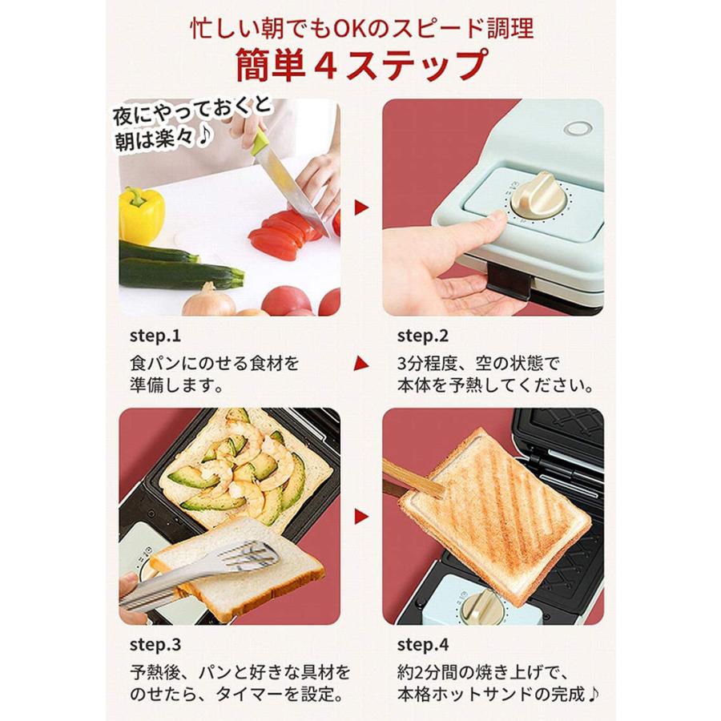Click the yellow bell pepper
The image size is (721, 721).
[142, 214]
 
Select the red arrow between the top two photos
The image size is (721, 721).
[361, 207]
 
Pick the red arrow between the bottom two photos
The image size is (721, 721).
[361, 517]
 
